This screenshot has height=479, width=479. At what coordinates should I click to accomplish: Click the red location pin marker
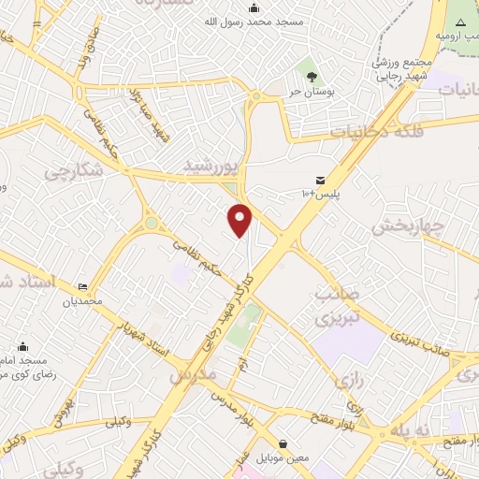(x=240, y=220)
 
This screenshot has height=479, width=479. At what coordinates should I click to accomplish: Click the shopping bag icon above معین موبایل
(x=283, y=443)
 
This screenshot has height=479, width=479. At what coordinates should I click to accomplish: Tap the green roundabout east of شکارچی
(x=151, y=224)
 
